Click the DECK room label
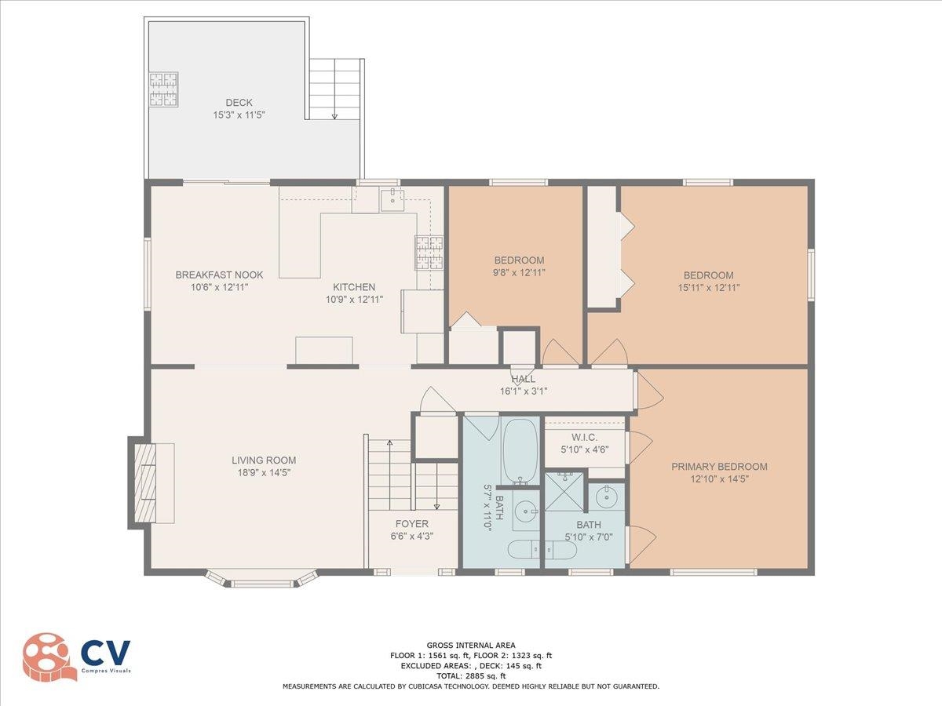239,103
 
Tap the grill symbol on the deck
163,89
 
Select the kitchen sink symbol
392,200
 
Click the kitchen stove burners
429,253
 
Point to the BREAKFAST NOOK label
219,275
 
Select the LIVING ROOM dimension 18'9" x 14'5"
264,472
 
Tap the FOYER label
411,524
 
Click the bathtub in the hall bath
520,452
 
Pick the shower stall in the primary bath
564,491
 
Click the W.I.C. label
585,437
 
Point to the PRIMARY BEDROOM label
719,467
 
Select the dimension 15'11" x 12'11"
709,288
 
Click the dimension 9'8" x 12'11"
520,273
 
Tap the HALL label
523,379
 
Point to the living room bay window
261,578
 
